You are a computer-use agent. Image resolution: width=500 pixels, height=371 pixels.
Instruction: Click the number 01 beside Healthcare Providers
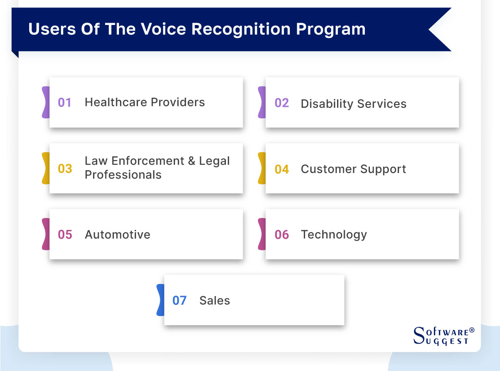pos(64,102)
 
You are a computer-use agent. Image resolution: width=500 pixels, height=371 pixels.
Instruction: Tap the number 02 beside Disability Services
pos(281,103)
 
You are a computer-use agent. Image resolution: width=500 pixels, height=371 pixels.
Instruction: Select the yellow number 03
pos(65,168)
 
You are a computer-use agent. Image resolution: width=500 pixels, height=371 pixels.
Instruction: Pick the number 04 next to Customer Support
pos(281,169)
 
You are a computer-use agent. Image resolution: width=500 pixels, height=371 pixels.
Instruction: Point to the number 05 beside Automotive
pos(65,235)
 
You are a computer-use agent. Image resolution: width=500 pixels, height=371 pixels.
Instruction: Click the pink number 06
pos(281,235)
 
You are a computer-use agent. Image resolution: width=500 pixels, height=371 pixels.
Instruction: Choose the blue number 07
pos(179,301)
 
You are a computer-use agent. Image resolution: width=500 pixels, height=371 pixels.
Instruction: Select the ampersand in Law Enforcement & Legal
pos(191,161)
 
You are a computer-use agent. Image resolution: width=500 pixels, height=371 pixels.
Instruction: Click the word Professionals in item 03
pos(123,175)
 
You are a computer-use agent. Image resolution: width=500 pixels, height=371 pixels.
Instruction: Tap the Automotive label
pos(118,235)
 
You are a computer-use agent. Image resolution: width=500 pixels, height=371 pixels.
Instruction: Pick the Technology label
pos(334,235)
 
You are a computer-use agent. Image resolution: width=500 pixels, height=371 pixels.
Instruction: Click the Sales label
pos(214,301)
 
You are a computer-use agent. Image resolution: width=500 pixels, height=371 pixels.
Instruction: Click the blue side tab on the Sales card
pos(160,300)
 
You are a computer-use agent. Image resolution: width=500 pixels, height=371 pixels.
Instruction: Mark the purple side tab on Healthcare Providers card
pos(45,102)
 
